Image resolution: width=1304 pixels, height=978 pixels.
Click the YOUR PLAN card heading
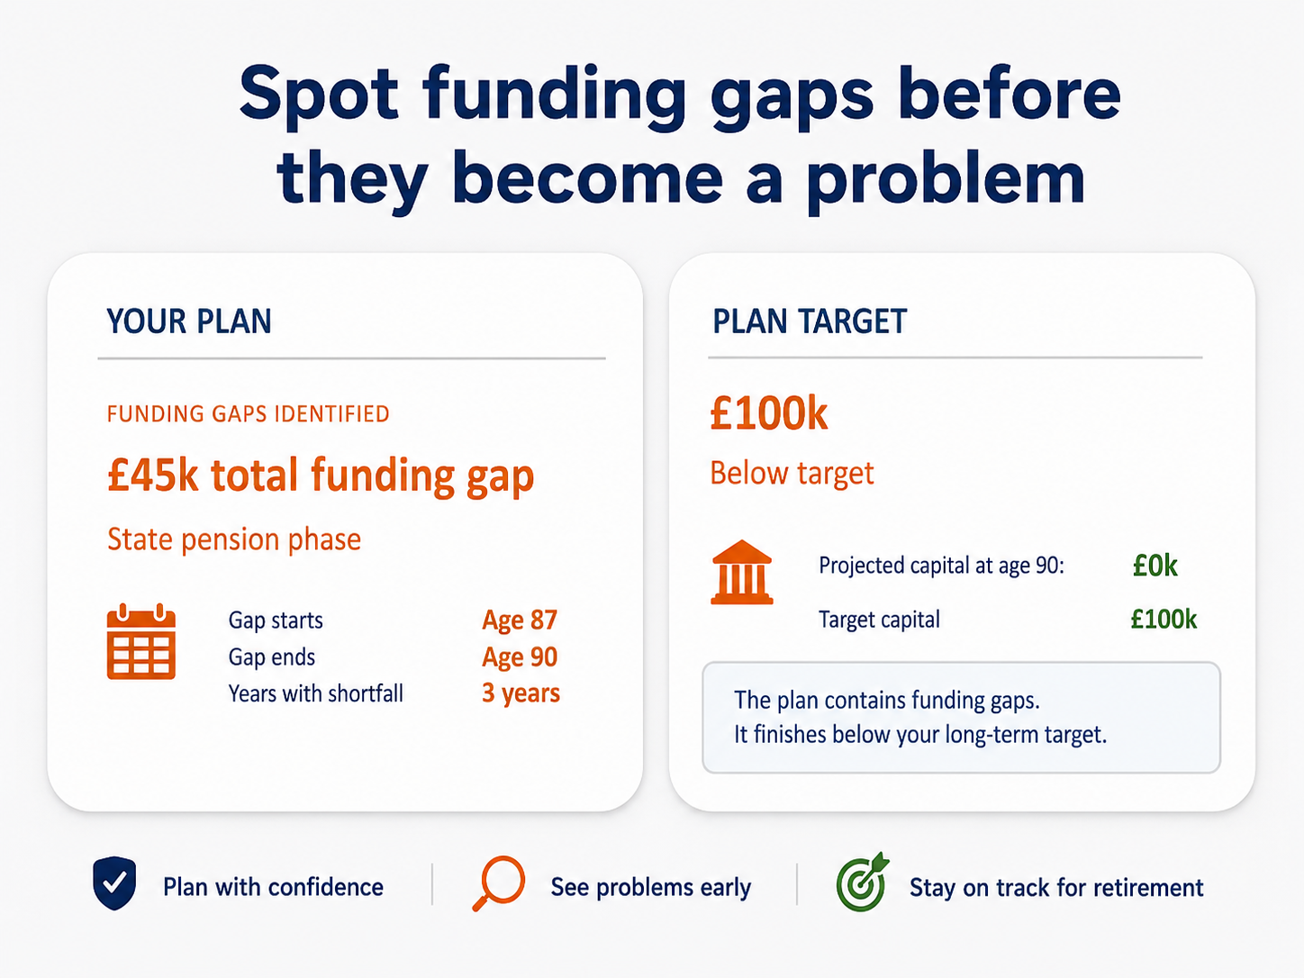(x=189, y=321)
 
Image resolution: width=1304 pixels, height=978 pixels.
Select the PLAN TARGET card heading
(x=810, y=321)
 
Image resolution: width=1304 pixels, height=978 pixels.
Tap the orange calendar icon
(x=141, y=641)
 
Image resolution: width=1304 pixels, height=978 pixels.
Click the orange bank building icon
(x=742, y=573)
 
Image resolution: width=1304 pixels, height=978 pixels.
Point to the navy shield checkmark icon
(x=114, y=883)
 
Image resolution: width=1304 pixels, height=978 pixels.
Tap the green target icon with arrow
(x=863, y=883)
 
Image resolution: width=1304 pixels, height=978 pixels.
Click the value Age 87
(x=520, y=620)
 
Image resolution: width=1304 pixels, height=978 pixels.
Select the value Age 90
(x=520, y=657)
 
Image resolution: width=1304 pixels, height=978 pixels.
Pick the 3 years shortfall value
(x=521, y=693)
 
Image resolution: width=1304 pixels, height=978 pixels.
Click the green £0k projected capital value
(x=1155, y=566)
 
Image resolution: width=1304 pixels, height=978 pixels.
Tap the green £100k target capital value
(x=1164, y=620)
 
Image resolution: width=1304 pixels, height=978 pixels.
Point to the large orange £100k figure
(x=769, y=414)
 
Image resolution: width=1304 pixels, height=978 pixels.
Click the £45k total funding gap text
(x=321, y=476)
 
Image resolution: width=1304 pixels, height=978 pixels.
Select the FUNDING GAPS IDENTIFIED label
(x=249, y=414)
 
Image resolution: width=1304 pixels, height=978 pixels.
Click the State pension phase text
(x=234, y=539)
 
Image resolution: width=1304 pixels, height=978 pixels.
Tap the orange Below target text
(x=792, y=474)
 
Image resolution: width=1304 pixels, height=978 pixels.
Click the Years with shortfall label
(x=316, y=693)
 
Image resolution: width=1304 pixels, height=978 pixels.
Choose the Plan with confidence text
(x=273, y=887)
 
